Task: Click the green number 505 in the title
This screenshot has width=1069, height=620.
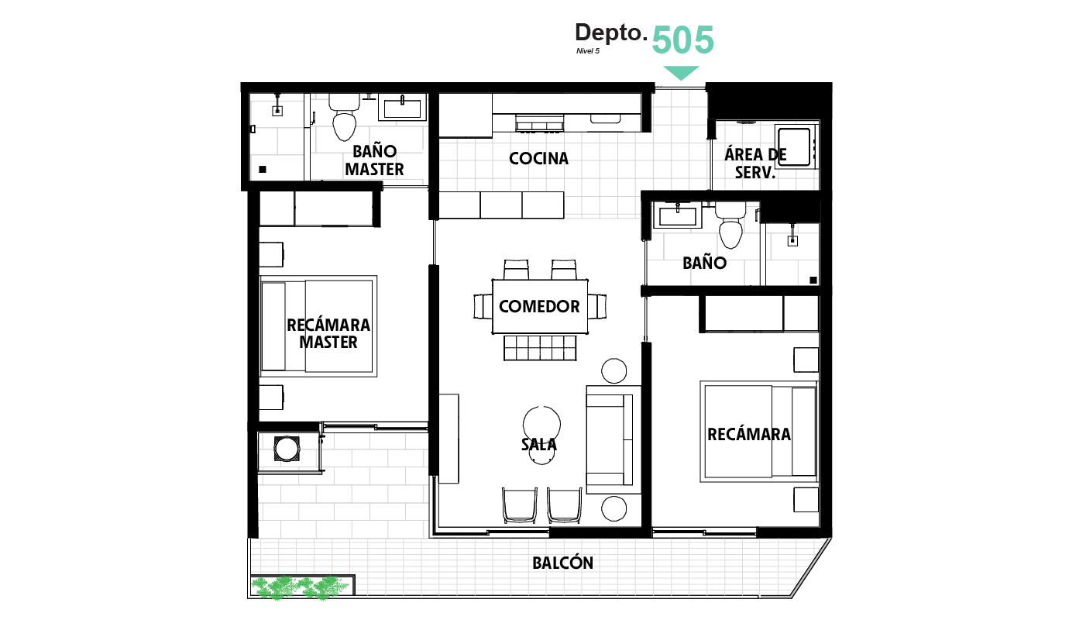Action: pos(682,40)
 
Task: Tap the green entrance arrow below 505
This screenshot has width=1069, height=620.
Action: pos(681,73)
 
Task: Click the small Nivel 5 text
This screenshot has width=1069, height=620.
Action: pos(587,51)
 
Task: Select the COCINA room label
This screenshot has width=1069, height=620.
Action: pos(538,158)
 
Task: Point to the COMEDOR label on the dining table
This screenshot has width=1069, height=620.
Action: pos(539,306)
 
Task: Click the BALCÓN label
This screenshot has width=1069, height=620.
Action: pos(562,563)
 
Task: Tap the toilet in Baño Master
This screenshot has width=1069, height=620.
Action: pos(344,118)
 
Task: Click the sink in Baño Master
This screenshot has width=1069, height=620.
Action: pos(402,108)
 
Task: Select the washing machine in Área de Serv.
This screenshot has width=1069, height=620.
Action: pos(795,146)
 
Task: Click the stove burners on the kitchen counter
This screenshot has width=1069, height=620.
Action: pos(539,123)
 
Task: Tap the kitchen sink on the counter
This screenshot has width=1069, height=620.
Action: pos(605,119)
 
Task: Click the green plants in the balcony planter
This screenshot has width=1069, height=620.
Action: pos(301,588)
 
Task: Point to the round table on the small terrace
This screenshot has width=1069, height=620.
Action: pos(287,449)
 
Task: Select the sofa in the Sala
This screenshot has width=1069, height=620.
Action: pos(613,439)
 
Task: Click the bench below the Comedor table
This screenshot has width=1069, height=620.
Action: pos(540,347)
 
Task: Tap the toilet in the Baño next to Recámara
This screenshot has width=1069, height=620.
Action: pos(730,225)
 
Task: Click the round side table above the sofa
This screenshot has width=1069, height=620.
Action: pos(614,371)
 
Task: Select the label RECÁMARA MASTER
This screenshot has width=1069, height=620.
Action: pos(328,333)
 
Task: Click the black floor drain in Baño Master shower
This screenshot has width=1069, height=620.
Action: pos(263,170)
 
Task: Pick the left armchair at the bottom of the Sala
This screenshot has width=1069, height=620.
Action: pos(519,505)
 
